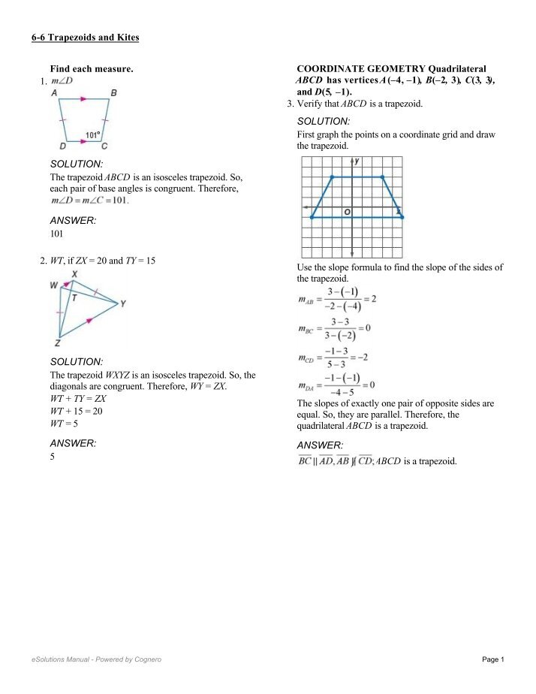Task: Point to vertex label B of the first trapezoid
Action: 113,93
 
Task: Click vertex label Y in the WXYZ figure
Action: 122,303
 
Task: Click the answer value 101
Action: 56,234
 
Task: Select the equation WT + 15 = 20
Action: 70,412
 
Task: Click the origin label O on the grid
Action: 347,213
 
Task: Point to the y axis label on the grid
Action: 357,161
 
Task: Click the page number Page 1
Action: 492,659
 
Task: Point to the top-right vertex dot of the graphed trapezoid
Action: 383,177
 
